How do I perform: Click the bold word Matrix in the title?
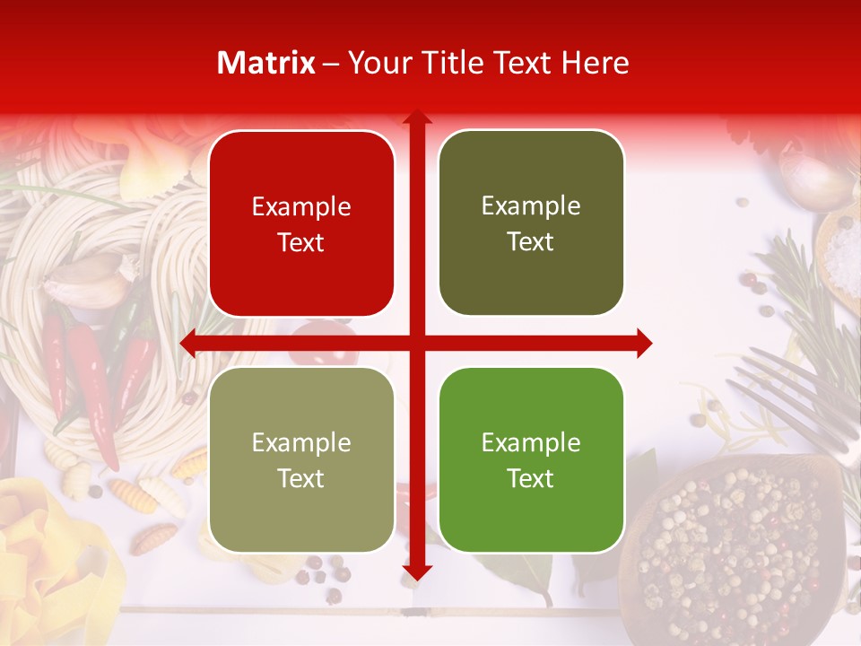coord(266,63)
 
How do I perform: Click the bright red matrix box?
coord(301,223)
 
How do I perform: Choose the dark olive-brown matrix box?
coord(531,223)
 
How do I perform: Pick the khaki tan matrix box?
coord(301,459)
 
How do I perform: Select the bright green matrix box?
coord(531,459)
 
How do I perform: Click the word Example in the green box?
coord(531,442)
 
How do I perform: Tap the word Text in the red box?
coord(301,242)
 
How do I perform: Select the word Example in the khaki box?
coord(301,442)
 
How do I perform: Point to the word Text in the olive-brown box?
coord(531,241)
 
